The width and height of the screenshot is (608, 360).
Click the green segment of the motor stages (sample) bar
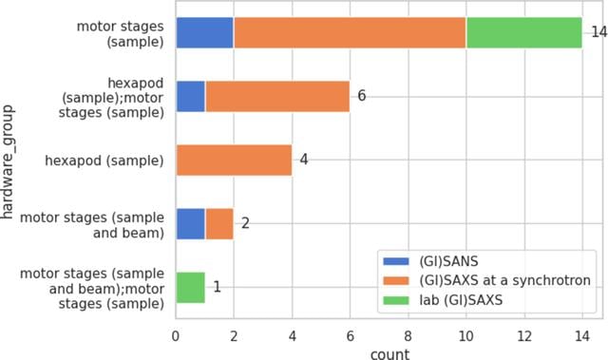click(523, 33)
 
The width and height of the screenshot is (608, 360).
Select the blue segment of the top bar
click(205, 33)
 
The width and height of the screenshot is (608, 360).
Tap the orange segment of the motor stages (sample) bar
click(350, 33)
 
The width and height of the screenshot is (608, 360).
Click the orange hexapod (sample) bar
click(235, 160)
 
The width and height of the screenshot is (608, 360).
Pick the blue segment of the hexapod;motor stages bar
click(190, 97)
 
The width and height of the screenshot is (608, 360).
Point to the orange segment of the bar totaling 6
click(277, 97)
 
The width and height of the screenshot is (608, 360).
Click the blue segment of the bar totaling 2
click(190, 224)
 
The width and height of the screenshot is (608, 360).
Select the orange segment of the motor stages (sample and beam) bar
click(219, 224)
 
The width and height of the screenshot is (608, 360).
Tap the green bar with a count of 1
click(190, 288)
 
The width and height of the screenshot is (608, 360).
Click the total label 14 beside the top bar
click(599, 31)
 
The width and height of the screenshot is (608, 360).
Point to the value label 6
click(361, 96)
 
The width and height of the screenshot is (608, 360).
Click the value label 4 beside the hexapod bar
click(304, 160)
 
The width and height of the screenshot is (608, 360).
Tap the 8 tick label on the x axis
click(408, 336)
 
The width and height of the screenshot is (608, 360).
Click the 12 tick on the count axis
click(524, 336)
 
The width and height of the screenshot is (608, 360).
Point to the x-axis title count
click(389, 353)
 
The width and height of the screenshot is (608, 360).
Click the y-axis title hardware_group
click(8, 162)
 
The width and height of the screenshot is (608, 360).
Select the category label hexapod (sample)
click(104, 161)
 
